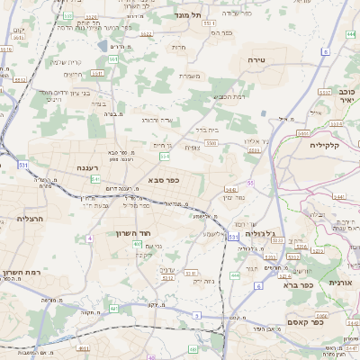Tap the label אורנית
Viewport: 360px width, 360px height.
coord(343,282)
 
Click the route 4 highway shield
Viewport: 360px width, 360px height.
coord(91,238)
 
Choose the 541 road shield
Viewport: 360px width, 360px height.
coord(95,179)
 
